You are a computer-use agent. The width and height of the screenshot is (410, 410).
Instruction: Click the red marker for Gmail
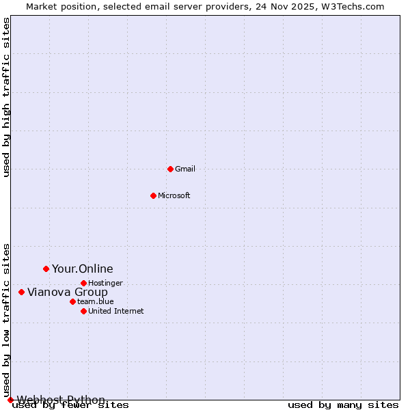point(170,169)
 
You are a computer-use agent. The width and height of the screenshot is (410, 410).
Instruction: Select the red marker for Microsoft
point(153,195)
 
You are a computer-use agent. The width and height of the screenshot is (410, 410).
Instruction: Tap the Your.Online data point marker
point(46,269)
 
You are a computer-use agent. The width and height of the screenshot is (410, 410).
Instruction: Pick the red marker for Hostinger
point(83,283)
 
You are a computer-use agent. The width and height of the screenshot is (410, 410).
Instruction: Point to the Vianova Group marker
point(21,292)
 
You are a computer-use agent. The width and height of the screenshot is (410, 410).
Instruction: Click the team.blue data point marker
point(72,301)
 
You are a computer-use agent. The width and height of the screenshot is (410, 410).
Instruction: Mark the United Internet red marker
point(83,311)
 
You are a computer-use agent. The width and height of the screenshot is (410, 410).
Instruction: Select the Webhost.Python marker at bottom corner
point(10,400)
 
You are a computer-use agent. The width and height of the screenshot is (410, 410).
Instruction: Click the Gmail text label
point(185,169)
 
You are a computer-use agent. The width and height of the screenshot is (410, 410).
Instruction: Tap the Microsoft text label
point(174,195)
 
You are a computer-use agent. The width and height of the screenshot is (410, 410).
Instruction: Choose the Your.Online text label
point(83,269)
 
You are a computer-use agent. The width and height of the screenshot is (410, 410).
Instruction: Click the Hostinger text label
point(106,283)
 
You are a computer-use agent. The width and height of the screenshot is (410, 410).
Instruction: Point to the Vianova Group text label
point(68,292)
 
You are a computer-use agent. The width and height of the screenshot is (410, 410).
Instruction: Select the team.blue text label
point(96,301)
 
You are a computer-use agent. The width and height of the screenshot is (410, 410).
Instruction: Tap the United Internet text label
point(116,311)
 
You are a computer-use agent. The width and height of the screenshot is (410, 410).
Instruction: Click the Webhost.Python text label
point(61,400)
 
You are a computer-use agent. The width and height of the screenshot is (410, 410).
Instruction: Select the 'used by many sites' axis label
point(343,405)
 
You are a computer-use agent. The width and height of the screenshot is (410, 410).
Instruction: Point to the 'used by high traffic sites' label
point(7,97)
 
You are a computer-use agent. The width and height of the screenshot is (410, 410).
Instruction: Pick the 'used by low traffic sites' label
point(7,320)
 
